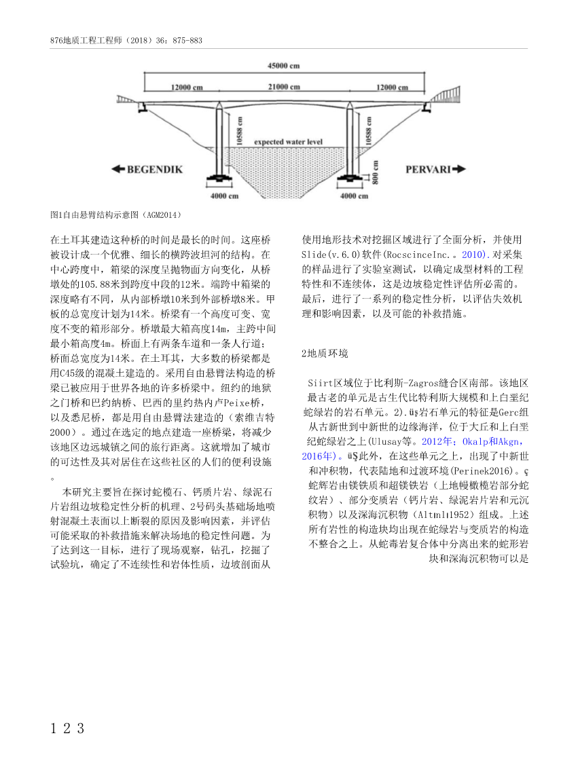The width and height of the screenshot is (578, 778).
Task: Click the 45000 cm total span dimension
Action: click(284, 67)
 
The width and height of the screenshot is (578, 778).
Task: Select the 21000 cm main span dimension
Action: click(285, 88)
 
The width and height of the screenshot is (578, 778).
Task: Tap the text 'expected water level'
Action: click(289, 143)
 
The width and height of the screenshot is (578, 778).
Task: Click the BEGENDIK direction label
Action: click(155, 170)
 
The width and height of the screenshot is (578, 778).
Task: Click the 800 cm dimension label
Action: click(375, 170)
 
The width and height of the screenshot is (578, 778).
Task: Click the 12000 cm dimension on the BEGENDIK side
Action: click(187, 88)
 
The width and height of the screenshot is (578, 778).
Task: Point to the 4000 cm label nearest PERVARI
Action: click(354, 196)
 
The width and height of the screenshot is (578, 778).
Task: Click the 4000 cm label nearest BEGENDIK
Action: click(225, 196)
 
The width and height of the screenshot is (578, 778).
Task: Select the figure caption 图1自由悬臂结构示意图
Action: click(115, 215)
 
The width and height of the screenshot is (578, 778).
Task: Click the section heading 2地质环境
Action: click(325, 354)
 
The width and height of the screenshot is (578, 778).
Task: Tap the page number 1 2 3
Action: click(67, 729)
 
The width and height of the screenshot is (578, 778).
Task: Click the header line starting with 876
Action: click(126, 40)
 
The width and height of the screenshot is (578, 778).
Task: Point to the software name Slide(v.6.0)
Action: click(328, 254)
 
